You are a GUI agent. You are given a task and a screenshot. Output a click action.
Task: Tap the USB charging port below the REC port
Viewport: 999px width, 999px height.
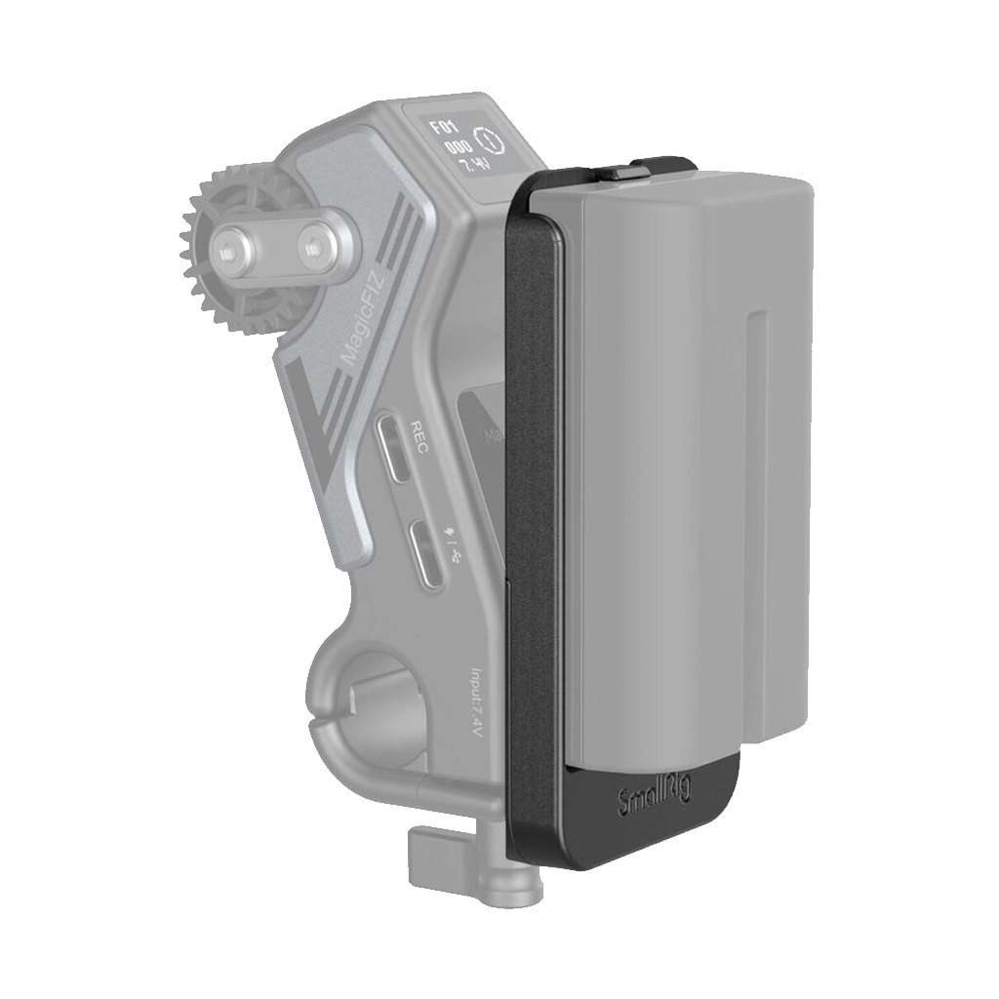tap(425, 554)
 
